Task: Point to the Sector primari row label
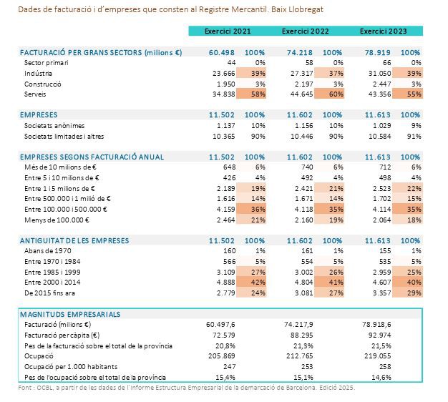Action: [x=49, y=63]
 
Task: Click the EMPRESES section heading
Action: [x=39, y=114]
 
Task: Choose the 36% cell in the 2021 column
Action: [x=255, y=209]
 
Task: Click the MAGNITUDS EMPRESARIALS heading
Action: [x=70, y=314]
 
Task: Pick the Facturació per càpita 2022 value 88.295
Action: [x=300, y=335]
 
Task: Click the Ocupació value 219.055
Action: [x=378, y=356]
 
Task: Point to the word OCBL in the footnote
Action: [x=42, y=388]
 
